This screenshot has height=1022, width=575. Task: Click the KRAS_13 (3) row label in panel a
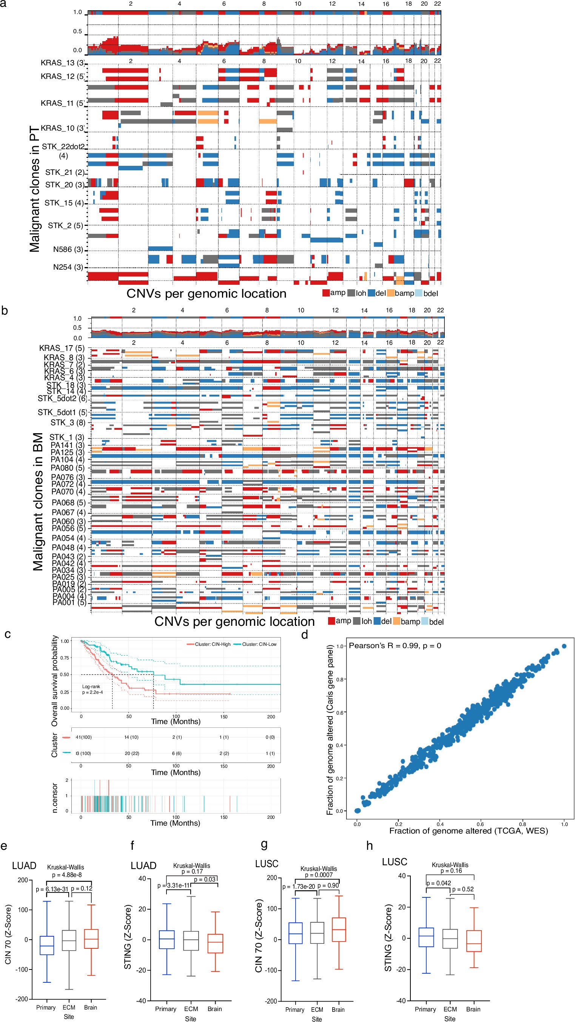point(63,63)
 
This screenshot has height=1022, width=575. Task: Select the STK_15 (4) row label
point(64,203)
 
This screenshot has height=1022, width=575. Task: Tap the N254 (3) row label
point(68,267)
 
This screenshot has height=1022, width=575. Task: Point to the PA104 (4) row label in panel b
point(68,459)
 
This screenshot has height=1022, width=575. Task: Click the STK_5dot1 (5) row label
point(62,412)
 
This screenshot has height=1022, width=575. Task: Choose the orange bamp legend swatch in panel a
point(391,293)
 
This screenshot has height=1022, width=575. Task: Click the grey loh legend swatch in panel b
point(356,621)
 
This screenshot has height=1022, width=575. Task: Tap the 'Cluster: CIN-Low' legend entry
point(255,644)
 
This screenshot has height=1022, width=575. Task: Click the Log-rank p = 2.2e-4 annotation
point(92,689)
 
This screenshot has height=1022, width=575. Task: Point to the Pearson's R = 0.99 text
point(395,645)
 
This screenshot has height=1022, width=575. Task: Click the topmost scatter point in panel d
point(564,646)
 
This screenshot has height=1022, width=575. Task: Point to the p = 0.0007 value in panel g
point(318,875)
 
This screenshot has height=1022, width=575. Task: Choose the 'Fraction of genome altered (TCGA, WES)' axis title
point(468,831)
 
